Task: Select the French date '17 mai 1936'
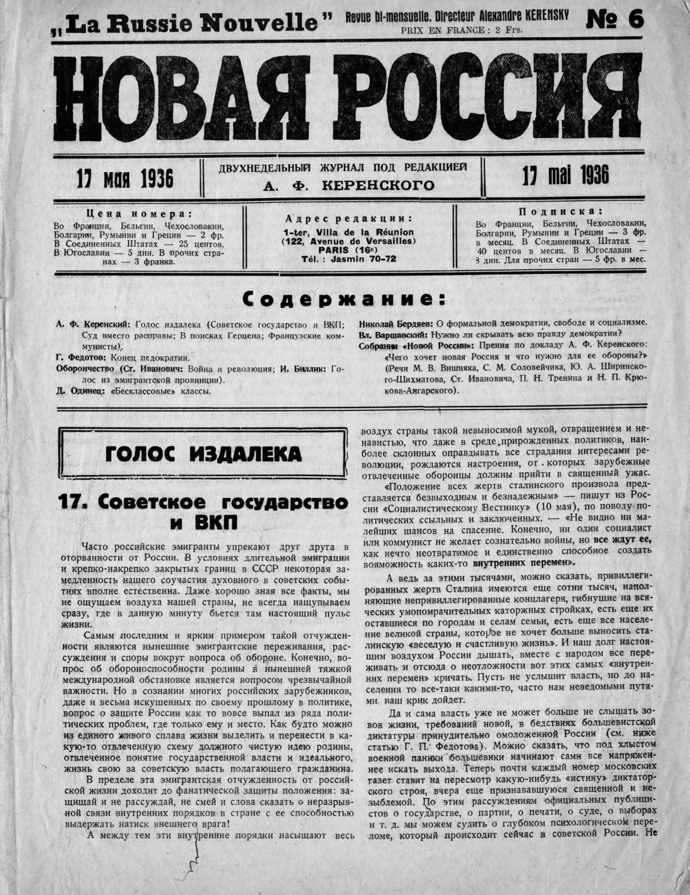566,177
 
